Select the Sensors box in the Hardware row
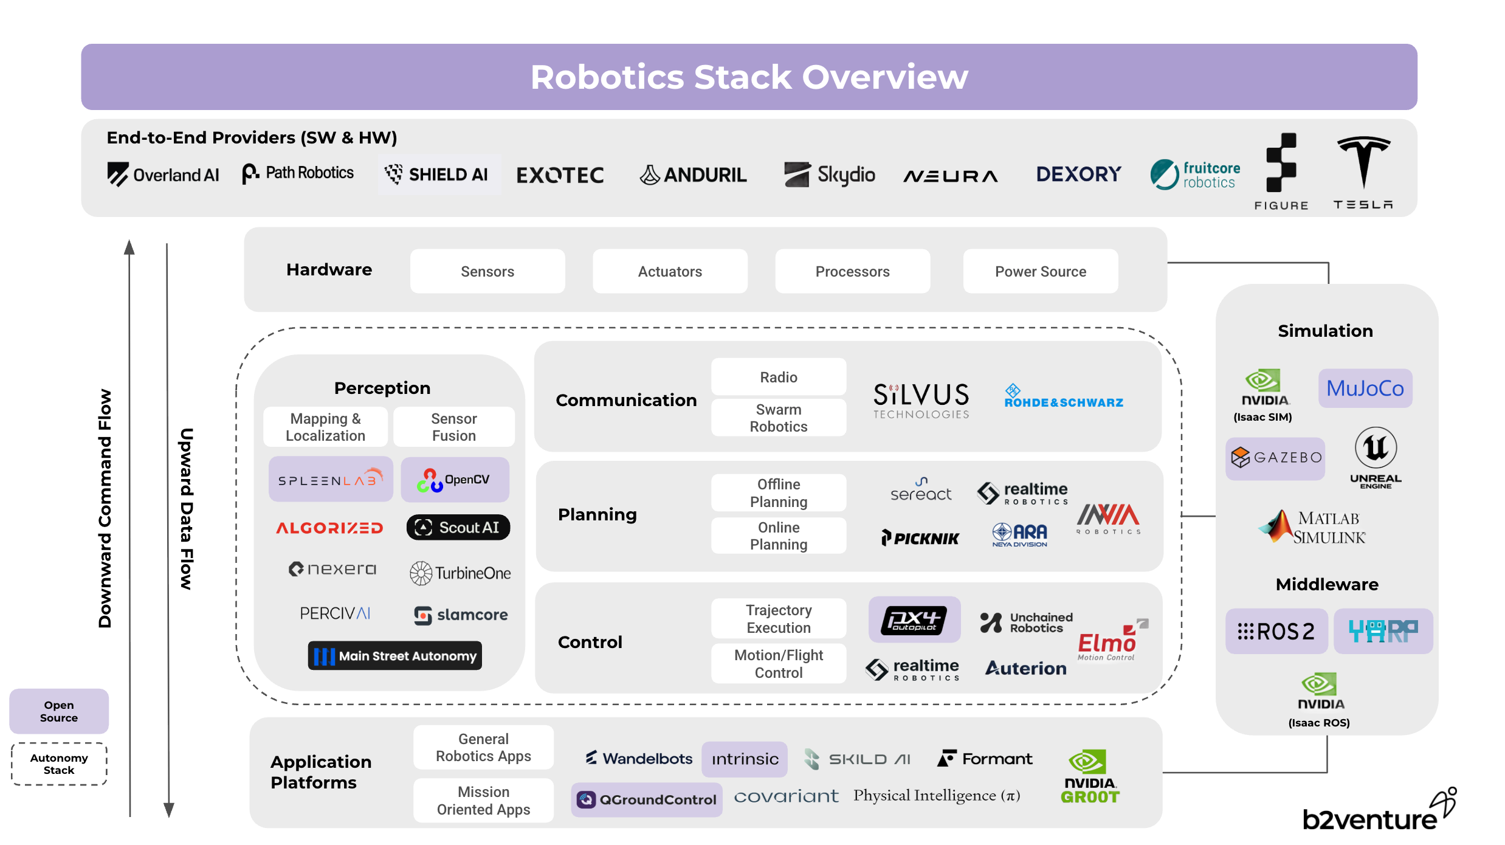(x=487, y=271)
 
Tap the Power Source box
(x=1040, y=271)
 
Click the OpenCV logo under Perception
(x=455, y=480)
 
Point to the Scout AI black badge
(x=458, y=527)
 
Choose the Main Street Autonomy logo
(x=395, y=656)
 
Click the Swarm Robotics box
(x=778, y=418)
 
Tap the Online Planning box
(x=778, y=536)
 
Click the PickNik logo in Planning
(x=920, y=538)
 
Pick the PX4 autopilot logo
(x=914, y=620)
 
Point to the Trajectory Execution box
(x=778, y=619)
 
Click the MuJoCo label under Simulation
(x=1365, y=388)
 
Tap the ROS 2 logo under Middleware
(x=1276, y=632)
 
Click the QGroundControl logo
(x=647, y=799)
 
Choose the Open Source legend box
(x=59, y=711)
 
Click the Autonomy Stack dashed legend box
(x=59, y=764)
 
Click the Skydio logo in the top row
(x=830, y=175)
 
